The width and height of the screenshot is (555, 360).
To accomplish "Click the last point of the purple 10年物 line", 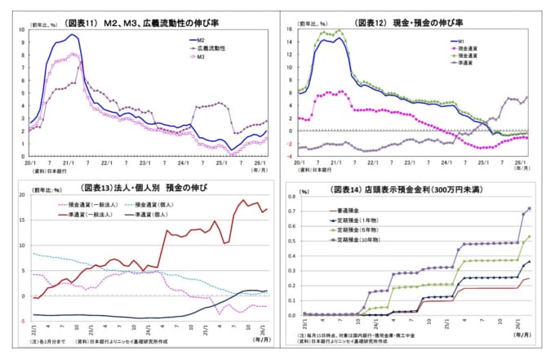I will click(x=529, y=208).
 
